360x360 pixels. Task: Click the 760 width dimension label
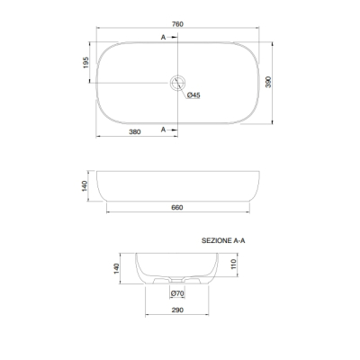coord(177,24)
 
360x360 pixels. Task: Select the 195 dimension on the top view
coord(86,62)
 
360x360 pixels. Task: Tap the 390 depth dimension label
coord(268,82)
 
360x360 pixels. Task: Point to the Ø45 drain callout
coord(193,95)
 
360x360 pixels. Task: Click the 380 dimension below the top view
coord(135,131)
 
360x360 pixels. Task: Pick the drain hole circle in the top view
coord(177,76)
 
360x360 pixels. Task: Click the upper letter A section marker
coord(163,37)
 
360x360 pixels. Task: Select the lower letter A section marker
coord(163,130)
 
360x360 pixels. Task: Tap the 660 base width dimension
coord(177,207)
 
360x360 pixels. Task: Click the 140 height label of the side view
coord(85,186)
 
